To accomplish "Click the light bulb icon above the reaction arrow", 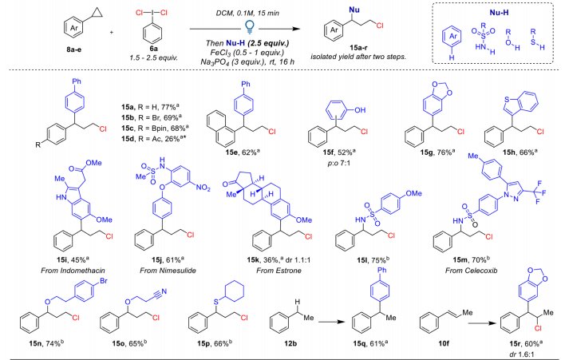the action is click(249, 27).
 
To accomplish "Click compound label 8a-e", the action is click(73, 49).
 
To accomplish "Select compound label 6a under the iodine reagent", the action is click(153, 49).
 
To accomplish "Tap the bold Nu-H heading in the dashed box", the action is click(499, 13).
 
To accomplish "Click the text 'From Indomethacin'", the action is click(73, 271).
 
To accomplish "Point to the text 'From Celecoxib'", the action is click(471, 271).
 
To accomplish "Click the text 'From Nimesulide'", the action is click(168, 271).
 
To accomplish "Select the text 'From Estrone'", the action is click(279, 271).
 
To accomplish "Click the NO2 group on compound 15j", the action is click(203, 187).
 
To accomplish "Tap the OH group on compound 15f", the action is click(360, 110).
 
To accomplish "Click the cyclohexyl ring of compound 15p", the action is click(234, 291).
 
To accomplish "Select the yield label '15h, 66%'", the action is click(520, 152).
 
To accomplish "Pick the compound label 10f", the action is click(444, 343).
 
